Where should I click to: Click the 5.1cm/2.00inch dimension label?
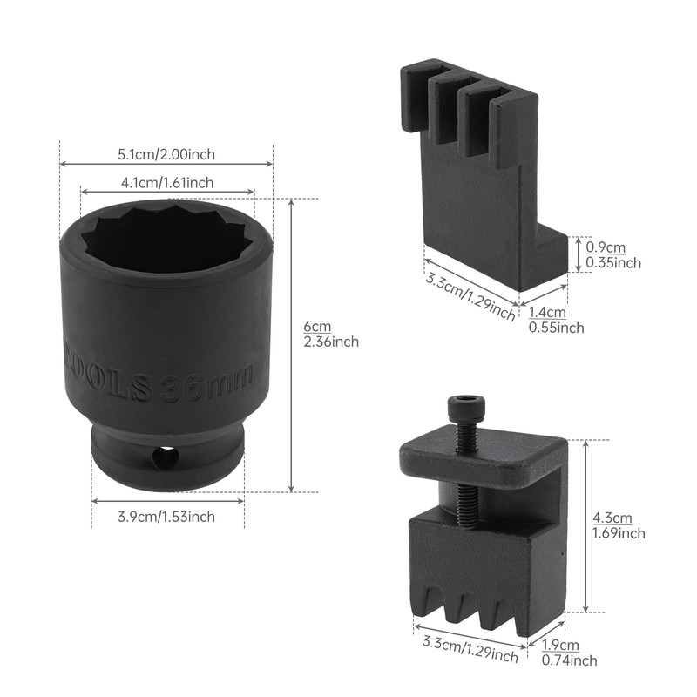coord(166,154)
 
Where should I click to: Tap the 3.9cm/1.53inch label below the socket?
coord(166,517)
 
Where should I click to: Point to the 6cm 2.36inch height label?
coord(330,334)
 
